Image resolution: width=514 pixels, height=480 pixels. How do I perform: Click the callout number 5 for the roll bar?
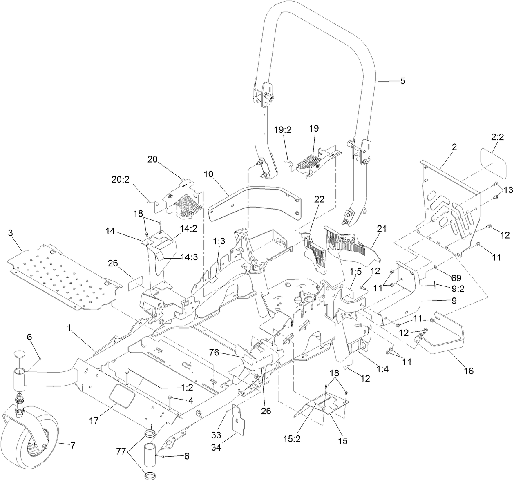[x=403, y=81]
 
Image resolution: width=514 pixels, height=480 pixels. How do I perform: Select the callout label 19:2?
[x=282, y=130]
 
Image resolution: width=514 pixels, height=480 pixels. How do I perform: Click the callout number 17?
[x=94, y=420]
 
